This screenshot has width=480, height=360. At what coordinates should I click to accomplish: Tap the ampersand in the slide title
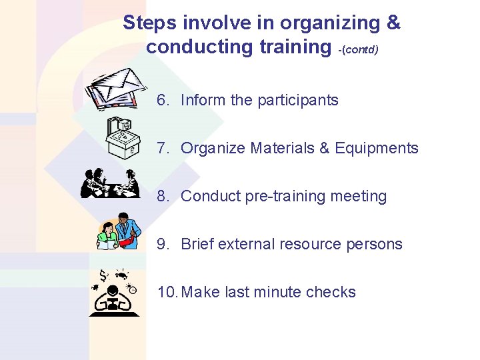click(393, 23)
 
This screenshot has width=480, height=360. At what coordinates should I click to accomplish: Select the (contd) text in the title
click(359, 50)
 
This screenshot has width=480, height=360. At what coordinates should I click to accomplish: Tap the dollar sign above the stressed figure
click(103, 275)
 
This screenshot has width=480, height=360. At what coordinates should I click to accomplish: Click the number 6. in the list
click(163, 101)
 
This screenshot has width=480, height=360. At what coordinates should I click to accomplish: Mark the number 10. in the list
click(167, 292)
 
